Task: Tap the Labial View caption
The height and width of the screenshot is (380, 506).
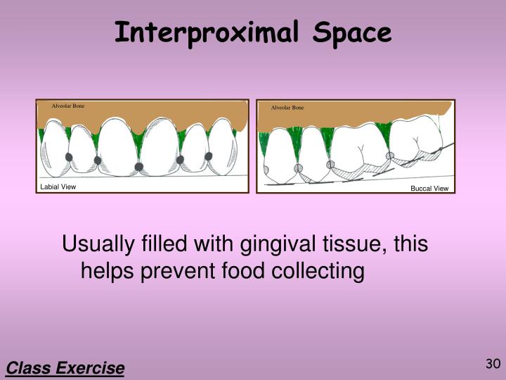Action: tap(58, 186)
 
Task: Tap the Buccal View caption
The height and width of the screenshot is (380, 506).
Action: tap(429, 189)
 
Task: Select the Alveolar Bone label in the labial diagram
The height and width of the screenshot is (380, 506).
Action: tap(68, 106)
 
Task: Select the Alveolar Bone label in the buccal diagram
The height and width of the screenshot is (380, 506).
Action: tap(287, 108)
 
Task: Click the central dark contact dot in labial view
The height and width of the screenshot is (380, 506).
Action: tap(139, 166)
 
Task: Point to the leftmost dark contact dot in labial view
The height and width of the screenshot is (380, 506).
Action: tap(69, 156)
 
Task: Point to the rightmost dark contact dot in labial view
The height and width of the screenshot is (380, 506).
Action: tap(208, 156)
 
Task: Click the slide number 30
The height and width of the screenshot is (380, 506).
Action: tap(492, 364)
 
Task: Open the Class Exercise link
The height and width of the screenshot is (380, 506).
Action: tap(65, 368)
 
